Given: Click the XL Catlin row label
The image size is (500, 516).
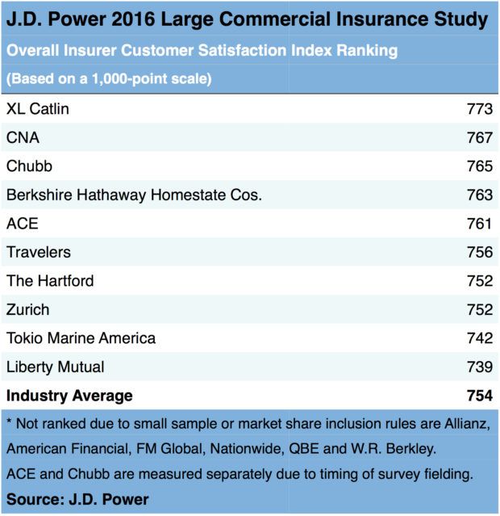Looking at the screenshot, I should coord(37,109).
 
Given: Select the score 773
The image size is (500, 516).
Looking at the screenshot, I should coord(479,109).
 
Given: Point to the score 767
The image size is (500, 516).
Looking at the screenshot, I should coord(479,138).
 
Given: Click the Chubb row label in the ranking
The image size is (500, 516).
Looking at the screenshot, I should coord(30,166).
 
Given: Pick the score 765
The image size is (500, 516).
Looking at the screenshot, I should coord(479,166).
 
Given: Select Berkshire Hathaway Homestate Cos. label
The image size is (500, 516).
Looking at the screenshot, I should coord(134,195).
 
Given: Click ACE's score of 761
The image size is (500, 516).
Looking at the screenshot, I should coord(479,224).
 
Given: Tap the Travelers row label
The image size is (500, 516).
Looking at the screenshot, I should coord(39,253).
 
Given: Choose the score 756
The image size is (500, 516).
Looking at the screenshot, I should coord(479,253).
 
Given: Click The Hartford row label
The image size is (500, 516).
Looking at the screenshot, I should coord(50,281).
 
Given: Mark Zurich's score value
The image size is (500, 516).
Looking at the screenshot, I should coord(479,310).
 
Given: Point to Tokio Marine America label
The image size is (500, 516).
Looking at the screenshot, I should coord(81,338).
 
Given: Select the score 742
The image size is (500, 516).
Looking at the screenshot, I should coord(479,338).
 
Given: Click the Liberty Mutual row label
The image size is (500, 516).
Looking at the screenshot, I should coord(55,367).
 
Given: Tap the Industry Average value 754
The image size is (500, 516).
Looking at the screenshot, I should coord(479,396).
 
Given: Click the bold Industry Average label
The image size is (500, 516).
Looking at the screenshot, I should coord(69,396).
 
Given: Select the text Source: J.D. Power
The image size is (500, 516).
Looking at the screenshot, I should coord(77,500).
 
